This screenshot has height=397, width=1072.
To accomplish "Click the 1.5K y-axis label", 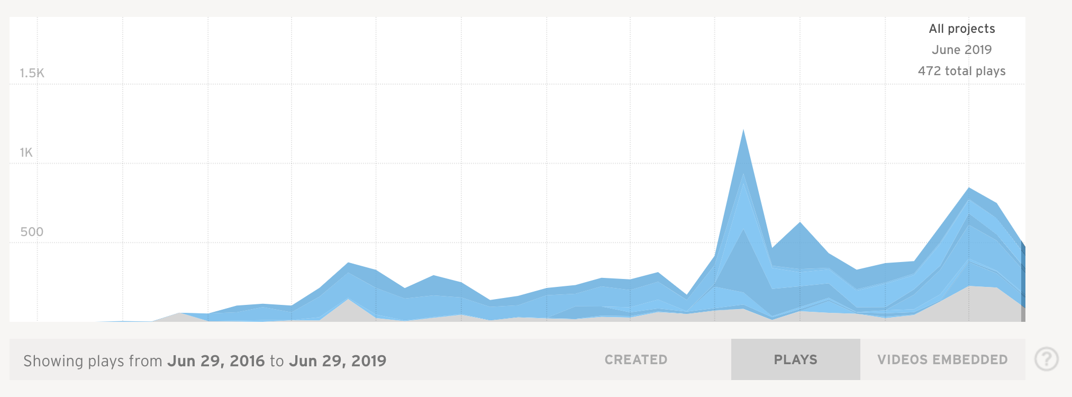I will point(32,73).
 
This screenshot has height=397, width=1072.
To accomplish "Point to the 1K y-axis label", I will point(26,152).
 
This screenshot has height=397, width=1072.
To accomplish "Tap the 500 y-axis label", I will point(32,232).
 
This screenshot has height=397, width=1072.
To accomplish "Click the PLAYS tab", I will point(795,360).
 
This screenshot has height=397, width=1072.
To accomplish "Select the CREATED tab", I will point(636,360).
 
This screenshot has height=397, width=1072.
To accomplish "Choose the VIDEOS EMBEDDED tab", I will point(942,360).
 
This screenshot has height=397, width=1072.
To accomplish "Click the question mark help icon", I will point(1047,359).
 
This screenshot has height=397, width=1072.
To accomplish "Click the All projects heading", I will point(962,29).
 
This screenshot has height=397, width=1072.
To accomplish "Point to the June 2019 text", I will point(961,50).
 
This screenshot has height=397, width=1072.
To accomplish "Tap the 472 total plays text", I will point(961,71).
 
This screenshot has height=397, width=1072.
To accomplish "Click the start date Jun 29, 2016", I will point(216,361).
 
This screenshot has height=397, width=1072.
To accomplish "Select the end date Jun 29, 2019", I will point(338,361).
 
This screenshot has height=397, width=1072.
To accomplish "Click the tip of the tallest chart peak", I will point(743,130).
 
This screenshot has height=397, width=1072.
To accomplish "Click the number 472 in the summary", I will point(929,71).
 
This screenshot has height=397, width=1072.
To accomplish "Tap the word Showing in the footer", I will point(53,361).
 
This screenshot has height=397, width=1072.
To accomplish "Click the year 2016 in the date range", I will point(247,361).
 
